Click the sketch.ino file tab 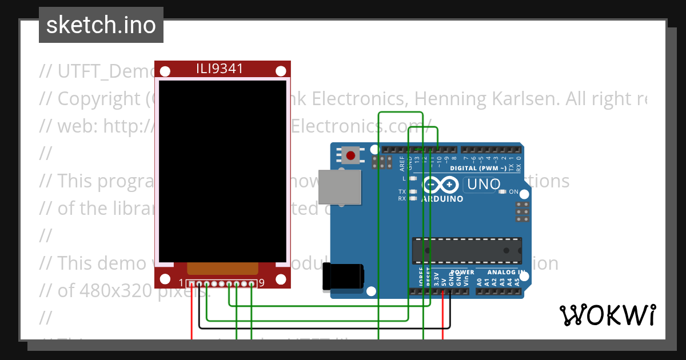[101, 25]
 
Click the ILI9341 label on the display [220, 69]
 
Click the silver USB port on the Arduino [341, 187]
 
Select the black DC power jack [342, 276]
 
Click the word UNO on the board [484, 185]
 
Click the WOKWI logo [608, 315]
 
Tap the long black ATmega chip [466, 250]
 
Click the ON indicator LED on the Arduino [502, 192]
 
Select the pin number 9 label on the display [261, 283]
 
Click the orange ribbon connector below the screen [222, 269]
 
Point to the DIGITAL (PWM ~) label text [478, 168]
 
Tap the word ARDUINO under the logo [442, 199]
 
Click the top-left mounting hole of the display [165, 71]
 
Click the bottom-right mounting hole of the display [281, 279]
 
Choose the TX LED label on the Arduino [402, 191]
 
